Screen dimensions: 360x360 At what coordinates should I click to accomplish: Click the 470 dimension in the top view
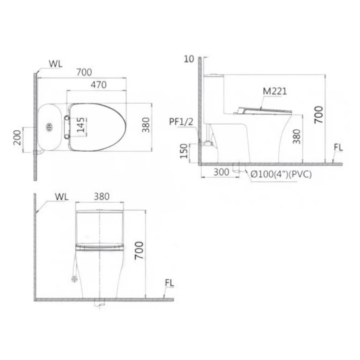[98, 85]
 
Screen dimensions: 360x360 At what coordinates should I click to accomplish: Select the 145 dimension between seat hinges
[81, 125]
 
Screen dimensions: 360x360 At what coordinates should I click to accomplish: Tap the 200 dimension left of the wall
[18, 138]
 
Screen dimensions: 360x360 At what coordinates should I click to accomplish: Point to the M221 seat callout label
[275, 91]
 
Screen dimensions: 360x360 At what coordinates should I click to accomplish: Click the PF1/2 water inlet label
[181, 122]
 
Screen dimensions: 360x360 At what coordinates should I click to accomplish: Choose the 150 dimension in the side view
[184, 151]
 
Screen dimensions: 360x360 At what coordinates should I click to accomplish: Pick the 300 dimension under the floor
[221, 172]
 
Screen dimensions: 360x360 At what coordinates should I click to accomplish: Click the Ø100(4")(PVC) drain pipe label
[281, 174]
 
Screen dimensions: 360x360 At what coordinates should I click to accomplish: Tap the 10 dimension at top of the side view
[189, 59]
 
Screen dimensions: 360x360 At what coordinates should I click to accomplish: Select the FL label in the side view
[338, 148]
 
